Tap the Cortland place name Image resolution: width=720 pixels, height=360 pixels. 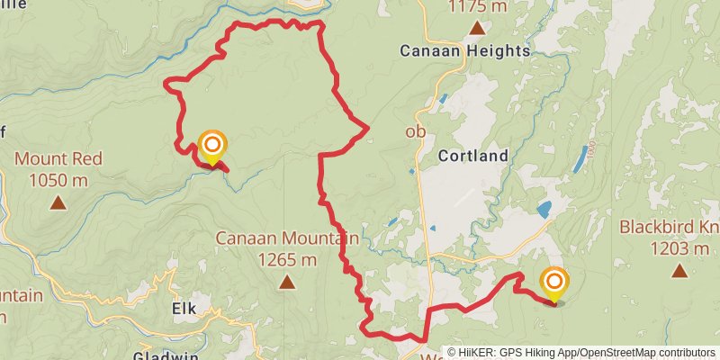pyautogui.click(x=473, y=156)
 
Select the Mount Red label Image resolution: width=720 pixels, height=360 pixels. pyautogui.click(x=58, y=158)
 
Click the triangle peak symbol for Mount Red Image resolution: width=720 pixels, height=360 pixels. pyautogui.click(x=58, y=202)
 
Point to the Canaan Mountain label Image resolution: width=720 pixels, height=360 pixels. pyautogui.click(x=287, y=239)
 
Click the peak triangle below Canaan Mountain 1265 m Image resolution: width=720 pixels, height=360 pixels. pyautogui.click(x=287, y=283)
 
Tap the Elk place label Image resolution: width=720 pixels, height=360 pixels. pyautogui.click(x=184, y=308)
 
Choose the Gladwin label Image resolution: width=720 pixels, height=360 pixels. pyautogui.click(x=166, y=354)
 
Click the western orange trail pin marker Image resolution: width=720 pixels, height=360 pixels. pyautogui.click(x=212, y=146)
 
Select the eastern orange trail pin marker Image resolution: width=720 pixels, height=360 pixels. pyautogui.click(x=554, y=283)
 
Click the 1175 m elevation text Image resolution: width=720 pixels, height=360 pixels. pyautogui.click(x=477, y=8)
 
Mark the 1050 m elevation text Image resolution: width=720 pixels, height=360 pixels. pyautogui.click(x=58, y=180)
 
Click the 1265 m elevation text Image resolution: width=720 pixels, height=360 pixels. pyautogui.click(x=287, y=260)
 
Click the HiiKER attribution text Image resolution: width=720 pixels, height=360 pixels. pyautogui.click(x=581, y=353)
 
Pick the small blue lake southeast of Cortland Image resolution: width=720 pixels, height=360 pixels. pyautogui.click(x=544, y=210)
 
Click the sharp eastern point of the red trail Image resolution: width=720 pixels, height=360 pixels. pyautogui.click(x=369, y=130)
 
